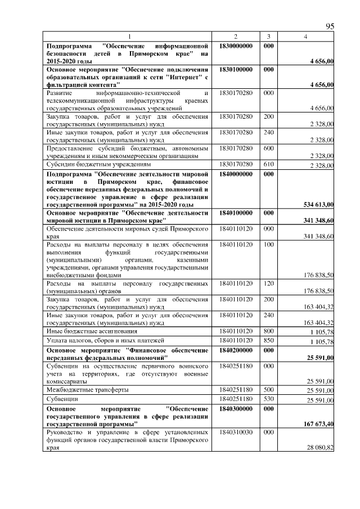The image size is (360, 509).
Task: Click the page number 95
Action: pyautogui.click(x=330, y=26)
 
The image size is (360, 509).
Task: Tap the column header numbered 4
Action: pyautogui.click(x=305, y=37)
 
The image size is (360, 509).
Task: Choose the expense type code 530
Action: pyautogui.click(x=268, y=398)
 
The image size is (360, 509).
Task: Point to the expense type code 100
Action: pyautogui.click(x=268, y=245)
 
